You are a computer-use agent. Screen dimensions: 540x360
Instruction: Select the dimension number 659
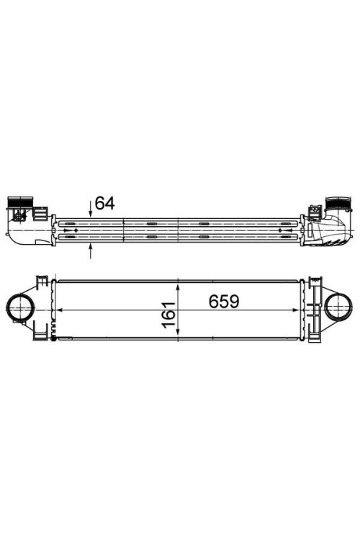tap(224, 301)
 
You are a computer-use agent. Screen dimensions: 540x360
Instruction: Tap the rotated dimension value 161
tap(168, 315)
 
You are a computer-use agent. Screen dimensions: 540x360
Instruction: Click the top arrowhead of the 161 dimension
tap(177, 283)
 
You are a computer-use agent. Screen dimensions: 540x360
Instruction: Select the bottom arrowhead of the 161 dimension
tap(177, 336)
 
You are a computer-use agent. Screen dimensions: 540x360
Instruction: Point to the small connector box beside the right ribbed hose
tap(315, 213)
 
